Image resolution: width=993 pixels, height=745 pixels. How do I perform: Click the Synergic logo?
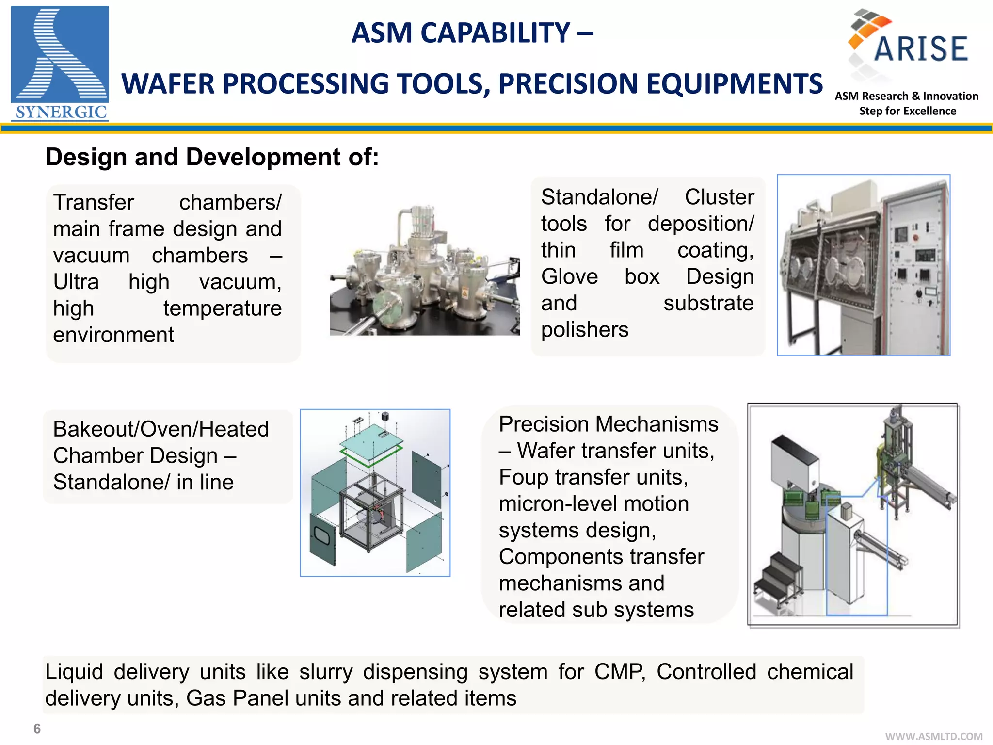click(60, 63)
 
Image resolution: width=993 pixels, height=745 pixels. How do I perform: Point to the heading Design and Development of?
click(212, 157)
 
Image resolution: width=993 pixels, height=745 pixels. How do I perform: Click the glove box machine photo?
click(863, 265)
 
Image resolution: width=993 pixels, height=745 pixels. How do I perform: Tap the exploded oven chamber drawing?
click(375, 493)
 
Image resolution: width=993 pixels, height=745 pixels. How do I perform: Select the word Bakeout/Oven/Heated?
click(161, 429)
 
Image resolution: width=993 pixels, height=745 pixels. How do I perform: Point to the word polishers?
click(585, 330)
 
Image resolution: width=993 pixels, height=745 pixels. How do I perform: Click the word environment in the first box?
click(113, 335)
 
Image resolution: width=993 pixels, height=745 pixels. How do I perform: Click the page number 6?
click(37, 729)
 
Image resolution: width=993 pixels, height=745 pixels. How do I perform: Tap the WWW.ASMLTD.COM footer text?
click(933, 736)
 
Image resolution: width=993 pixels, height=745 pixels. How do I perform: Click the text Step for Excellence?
click(907, 111)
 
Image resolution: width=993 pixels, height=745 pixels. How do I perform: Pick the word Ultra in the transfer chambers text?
click(76, 282)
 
